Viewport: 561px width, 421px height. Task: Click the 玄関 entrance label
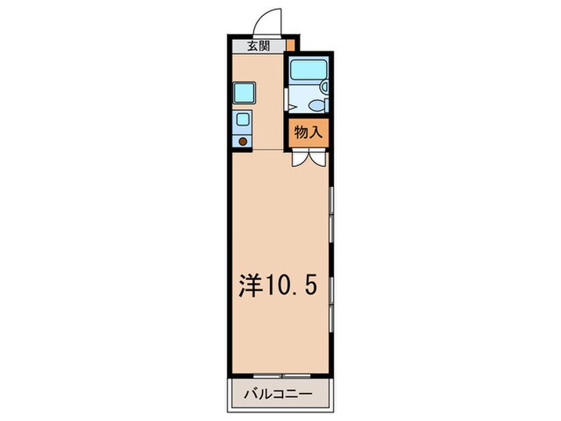pyautogui.click(x=258, y=47)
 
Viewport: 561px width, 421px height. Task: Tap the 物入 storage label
pyautogui.click(x=308, y=133)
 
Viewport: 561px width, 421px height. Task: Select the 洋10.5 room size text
pyautogui.click(x=280, y=284)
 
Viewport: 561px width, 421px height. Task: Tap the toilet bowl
pyautogui.click(x=316, y=105)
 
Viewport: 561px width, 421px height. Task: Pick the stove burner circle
pyautogui.click(x=244, y=142)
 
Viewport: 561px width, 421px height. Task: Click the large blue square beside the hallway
pyautogui.click(x=244, y=92)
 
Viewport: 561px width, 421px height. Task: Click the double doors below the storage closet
pyautogui.click(x=308, y=158)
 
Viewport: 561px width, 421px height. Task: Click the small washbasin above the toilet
pyautogui.click(x=324, y=86)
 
